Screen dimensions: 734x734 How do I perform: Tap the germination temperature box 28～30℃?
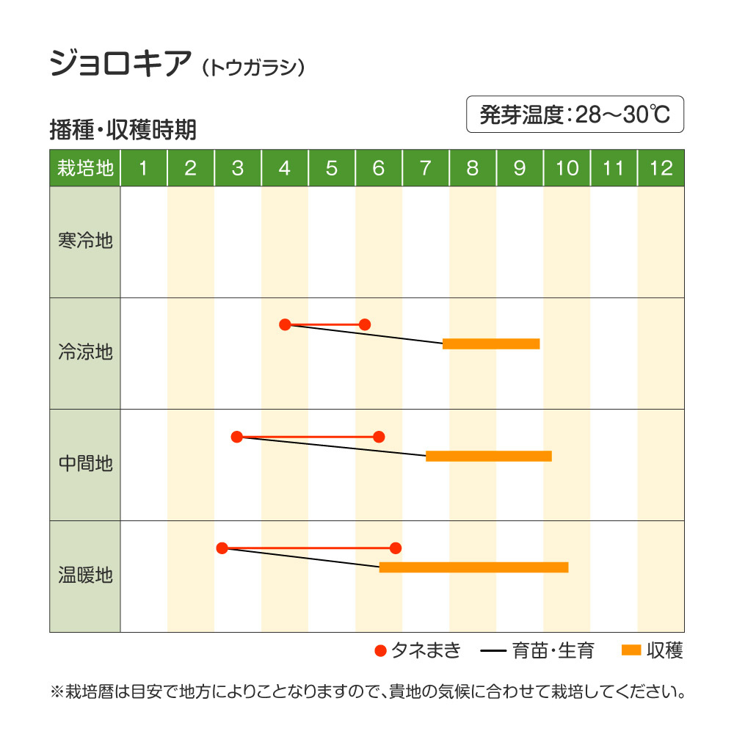(575, 115)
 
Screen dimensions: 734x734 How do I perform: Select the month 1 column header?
(143, 168)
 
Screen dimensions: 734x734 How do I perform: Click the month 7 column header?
(426, 168)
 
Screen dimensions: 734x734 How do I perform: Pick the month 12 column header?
(661, 168)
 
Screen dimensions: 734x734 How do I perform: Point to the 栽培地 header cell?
(85, 168)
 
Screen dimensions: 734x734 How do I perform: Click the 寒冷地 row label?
(85, 241)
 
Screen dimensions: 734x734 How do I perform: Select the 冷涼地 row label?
(85, 352)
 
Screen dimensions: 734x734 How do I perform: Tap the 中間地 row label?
(85, 464)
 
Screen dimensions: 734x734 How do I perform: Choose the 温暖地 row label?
(85, 575)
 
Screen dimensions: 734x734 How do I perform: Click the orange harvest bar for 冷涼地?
(491, 344)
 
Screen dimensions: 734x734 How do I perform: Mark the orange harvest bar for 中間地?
(488, 456)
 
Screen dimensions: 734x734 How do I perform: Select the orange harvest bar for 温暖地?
(473, 567)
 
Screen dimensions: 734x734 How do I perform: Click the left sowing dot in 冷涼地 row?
(286, 324)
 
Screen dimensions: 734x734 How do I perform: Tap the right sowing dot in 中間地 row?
(379, 437)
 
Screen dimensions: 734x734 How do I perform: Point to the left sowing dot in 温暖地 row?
(222, 548)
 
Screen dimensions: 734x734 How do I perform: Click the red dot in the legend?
(379, 650)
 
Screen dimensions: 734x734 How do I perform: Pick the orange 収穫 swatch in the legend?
(631, 650)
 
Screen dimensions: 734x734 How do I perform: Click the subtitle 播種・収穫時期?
(123, 130)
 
